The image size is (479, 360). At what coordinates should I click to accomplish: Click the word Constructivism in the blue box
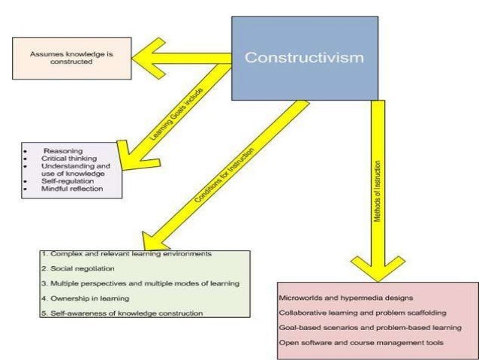coord(304,57)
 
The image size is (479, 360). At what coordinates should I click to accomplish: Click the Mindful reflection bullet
coord(73,189)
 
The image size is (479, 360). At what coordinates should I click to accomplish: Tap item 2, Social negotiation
coord(78,268)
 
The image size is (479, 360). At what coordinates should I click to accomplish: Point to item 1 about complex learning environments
coord(131,254)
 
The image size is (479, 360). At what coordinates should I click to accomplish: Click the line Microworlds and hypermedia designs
coord(345,297)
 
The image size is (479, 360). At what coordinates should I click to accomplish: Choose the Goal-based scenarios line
coord(369,328)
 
